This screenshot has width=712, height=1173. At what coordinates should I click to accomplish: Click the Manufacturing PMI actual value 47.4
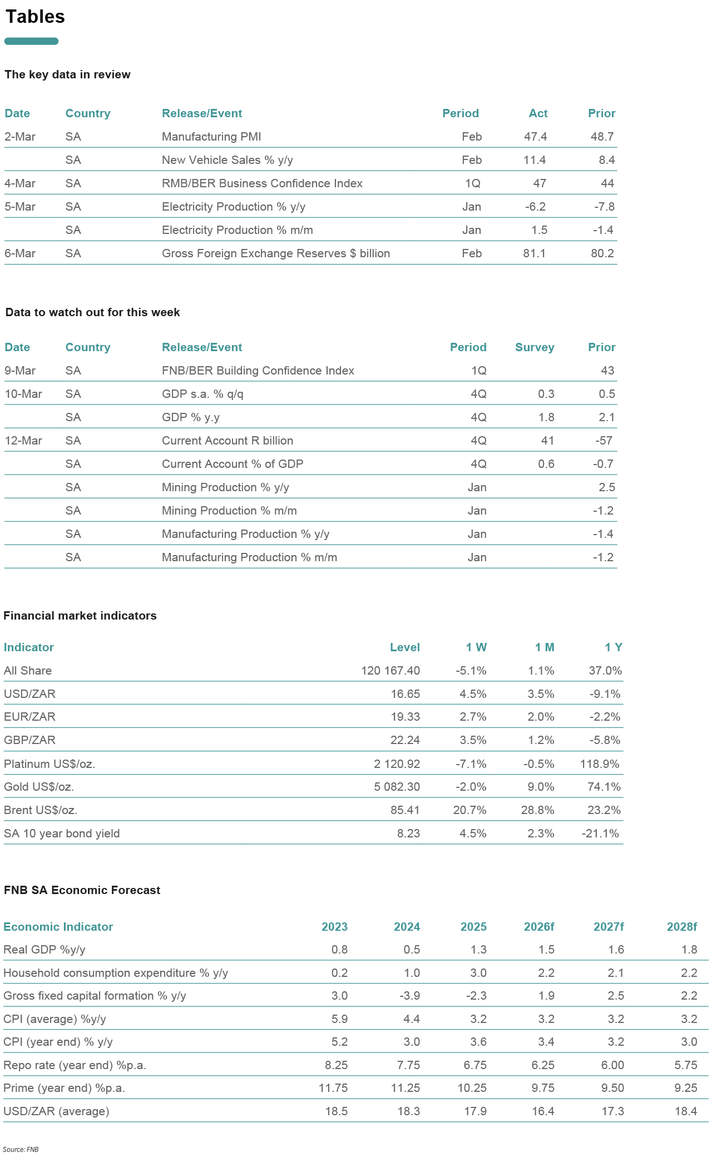[x=535, y=137]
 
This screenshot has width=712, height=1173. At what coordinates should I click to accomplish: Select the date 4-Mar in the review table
[x=20, y=183]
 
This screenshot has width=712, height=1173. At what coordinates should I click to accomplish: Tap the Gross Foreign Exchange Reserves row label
[x=275, y=253]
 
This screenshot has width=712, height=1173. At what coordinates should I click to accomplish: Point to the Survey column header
[x=534, y=347]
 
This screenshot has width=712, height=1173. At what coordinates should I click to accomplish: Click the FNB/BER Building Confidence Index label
[x=258, y=371]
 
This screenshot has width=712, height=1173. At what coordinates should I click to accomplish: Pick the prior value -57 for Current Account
[x=604, y=441]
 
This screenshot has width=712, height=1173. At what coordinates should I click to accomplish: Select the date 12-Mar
[x=23, y=441]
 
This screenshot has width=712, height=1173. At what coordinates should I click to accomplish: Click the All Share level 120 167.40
[x=390, y=671]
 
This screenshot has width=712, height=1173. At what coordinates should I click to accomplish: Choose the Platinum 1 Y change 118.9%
[x=599, y=764]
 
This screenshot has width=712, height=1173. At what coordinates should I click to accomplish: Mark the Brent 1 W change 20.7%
[x=469, y=810]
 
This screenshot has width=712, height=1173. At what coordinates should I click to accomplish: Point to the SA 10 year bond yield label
[x=62, y=833]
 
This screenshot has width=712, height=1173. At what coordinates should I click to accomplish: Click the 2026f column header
[x=538, y=927]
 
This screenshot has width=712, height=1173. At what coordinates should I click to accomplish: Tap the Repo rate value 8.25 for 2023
[x=336, y=1065]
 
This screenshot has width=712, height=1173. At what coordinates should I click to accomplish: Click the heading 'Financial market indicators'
[x=80, y=616]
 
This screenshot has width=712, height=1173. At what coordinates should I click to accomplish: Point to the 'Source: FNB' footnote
[x=21, y=1150]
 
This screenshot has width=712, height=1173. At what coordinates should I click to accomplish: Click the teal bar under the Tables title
[x=31, y=41]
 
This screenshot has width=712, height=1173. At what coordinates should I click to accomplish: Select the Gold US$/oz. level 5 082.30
[x=397, y=787]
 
